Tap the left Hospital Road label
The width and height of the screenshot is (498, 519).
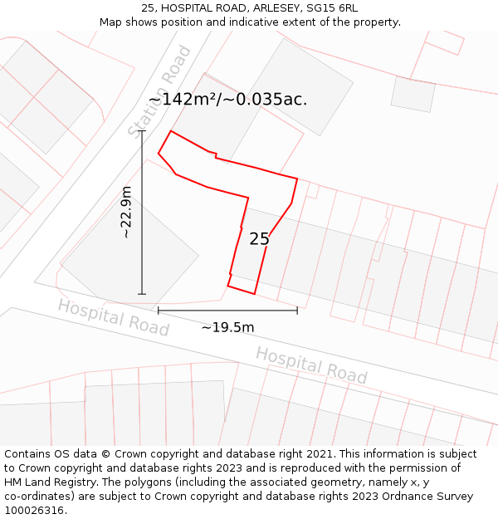tap(113, 317)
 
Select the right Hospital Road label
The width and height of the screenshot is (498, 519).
tap(311, 365)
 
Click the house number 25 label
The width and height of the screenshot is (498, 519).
tap(259, 239)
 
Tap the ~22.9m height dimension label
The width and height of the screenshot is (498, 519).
tap(126, 213)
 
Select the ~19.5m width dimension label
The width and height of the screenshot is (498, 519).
tap(227, 327)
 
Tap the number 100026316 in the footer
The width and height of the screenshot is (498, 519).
tap(34, 510)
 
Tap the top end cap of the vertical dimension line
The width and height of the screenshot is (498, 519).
tap(142, 130)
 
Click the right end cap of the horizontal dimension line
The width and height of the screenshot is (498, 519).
tap(297, 311)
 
